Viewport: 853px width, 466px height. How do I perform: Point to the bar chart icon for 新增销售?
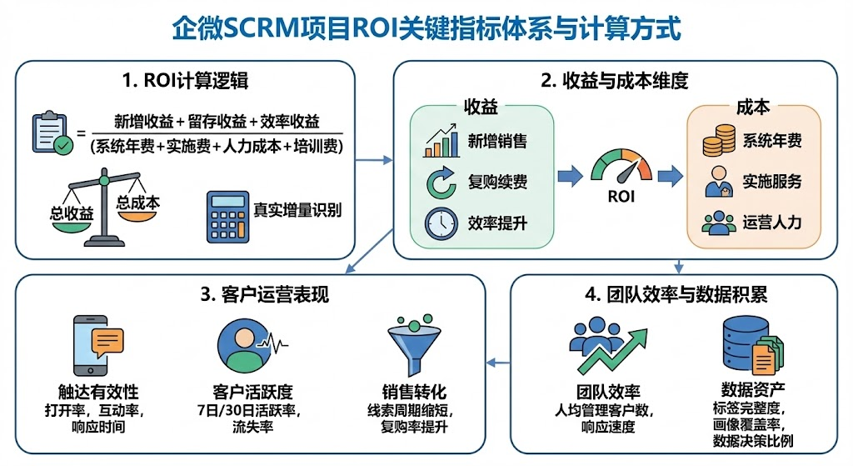[x=441, y=140]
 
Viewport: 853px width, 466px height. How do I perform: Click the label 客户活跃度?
[x=251, y=392]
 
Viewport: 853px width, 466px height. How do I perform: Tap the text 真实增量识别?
[x=297, y=210]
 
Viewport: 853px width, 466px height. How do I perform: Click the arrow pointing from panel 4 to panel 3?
[x=498, y=362]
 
